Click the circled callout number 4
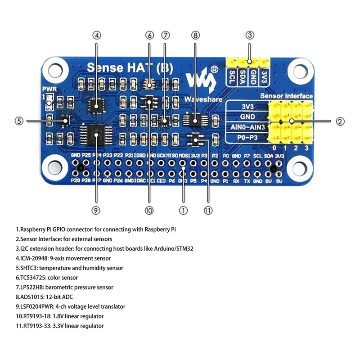click(97, 35)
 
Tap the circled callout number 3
click(250, 35)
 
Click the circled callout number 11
click(208, 210)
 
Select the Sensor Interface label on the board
click(286, 96)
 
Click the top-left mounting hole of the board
click(54, 71)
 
